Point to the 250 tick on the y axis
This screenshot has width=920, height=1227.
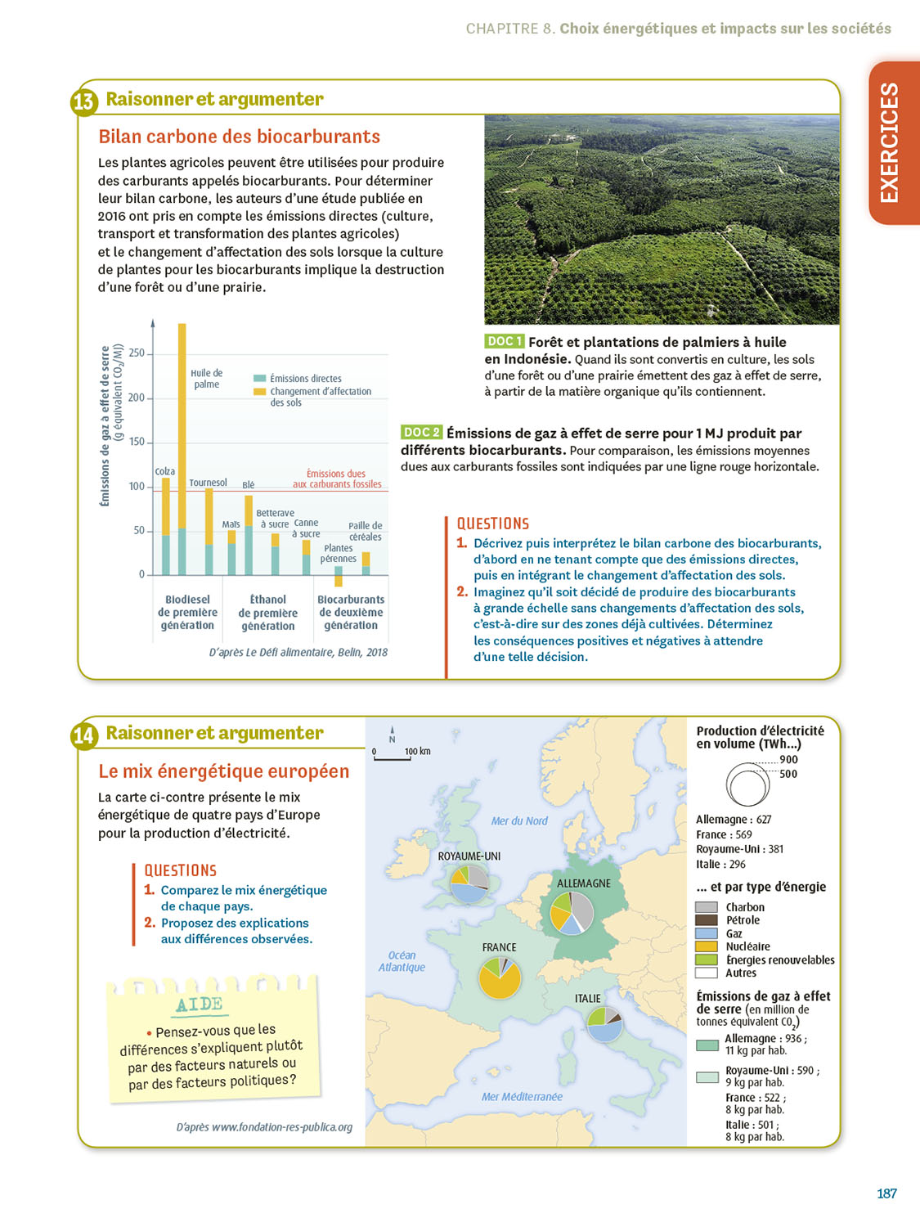[x=137, y=353]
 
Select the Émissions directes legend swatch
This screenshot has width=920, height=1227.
[x=260, y=379]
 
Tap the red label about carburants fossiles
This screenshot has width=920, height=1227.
[x=337, y=479]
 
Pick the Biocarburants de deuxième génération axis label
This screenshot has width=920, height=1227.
[x=351, y=613]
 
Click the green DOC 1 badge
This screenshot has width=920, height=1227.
[x=504, y=342]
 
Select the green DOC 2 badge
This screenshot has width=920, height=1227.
[x=421, y=433]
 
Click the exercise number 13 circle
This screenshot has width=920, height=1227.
[x=83, y=102]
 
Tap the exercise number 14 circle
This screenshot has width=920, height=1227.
[x=83, y=736]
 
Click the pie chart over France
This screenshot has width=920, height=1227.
[x=499, y=978]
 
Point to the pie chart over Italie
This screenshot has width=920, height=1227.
[x=604, y=1023]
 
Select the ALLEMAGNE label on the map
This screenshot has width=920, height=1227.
[x=584, y=883]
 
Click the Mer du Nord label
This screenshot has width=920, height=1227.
[x=519, y=821]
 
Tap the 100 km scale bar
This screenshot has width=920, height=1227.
[x=393, y=759]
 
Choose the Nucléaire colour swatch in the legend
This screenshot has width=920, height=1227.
[x=707, y=946]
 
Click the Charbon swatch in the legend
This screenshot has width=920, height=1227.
[x=707, y=907]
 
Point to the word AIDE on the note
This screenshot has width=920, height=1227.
[x=199, y=1005]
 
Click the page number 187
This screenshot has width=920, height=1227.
[x=886, y=1193]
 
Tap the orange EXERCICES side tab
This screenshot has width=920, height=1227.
[x=893, y=143]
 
